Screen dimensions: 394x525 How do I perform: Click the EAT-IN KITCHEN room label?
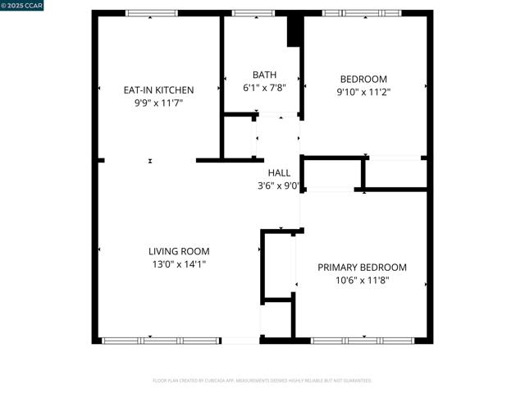click(x=158, y=90)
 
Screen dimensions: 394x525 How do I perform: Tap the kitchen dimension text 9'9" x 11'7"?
click(x=158, y=103)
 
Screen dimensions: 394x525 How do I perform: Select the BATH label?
click(x=264, y=75)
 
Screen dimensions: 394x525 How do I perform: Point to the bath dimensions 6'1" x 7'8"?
click(x=264, y=88)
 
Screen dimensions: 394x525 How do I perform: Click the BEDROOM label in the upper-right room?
click(x=363, y=80)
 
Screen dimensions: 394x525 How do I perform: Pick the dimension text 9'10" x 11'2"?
click(x=363, y=93)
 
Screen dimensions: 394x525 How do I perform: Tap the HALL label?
click(x=279, y=172)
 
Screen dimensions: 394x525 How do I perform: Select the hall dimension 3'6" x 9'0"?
click(x=279, y=186)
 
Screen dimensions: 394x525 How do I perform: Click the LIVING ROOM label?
click(x=179, y=251)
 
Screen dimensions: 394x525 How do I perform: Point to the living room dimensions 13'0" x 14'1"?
click(x=179, y=264)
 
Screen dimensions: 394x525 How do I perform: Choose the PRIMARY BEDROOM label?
click(x=362, y=268)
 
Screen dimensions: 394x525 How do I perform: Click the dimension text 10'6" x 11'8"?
click(x=362, y=281)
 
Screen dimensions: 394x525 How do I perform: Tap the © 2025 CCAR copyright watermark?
click(x=23, y=6)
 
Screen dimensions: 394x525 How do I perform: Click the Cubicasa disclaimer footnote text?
click(x=262, y=381)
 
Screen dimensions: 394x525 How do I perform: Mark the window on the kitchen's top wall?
click(x=151, y=13)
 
